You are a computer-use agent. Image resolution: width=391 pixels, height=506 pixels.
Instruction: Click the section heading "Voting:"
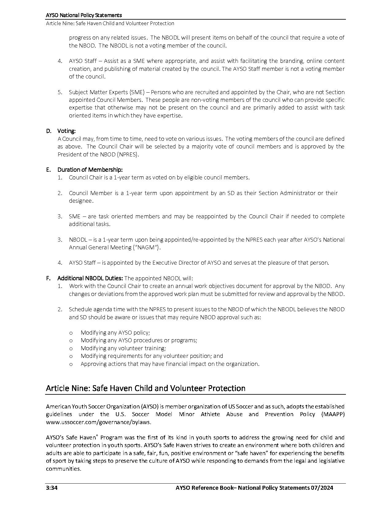66,131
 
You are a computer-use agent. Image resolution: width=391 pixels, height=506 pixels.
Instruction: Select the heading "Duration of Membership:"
90,170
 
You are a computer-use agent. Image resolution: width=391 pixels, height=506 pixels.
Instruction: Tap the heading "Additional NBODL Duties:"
90,278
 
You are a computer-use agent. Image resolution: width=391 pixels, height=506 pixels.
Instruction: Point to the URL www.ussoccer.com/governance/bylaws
98,422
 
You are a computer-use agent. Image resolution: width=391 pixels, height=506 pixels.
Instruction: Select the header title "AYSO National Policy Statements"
84,15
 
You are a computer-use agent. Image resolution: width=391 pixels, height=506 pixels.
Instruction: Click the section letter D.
48,131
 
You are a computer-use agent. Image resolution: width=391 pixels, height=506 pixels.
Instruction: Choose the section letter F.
48,278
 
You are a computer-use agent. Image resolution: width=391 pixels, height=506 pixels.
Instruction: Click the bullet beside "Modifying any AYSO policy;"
71,333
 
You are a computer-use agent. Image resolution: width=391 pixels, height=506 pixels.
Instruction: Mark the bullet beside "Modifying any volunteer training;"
71,348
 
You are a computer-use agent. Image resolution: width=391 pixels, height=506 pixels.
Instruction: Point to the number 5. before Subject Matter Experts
60,92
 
